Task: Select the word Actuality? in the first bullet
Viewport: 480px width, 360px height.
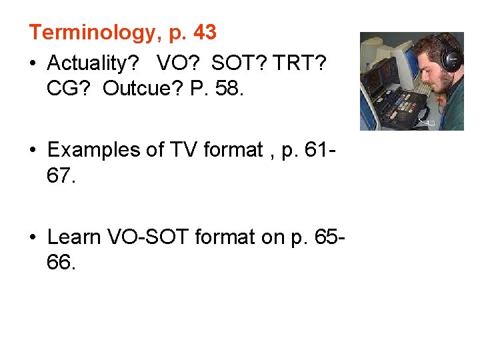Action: click(93, 63)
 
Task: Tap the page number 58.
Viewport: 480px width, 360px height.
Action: click(229, 89)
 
